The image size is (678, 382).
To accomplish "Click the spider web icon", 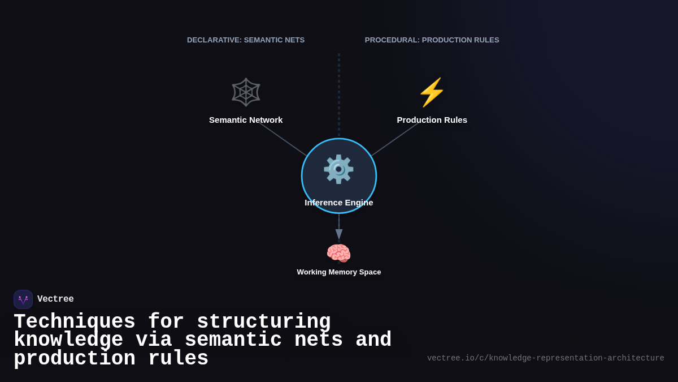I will coord(246,92).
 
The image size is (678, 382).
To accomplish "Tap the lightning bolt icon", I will coord(432,92).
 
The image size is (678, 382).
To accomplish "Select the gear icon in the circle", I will coord(338,169).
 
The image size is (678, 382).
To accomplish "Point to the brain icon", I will coord(338,253).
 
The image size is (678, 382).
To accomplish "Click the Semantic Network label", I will coord(246,120).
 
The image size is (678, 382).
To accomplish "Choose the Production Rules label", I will coord(432,120).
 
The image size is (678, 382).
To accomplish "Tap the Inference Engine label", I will coord(338,203).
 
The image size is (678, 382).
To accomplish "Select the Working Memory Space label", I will coord(338,272).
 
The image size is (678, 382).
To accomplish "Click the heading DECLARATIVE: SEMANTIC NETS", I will coord(246,40).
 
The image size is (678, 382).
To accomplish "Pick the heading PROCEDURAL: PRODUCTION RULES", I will coord(432,40).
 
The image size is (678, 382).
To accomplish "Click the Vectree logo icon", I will coord(23,299).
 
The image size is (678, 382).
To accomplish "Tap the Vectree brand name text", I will coord(55,299).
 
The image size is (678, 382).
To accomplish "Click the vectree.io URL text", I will coord(545,358).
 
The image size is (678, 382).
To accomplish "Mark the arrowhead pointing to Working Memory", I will coord(339,234).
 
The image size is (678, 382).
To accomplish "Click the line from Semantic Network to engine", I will coord(282,139).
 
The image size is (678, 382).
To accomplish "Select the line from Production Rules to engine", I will coord(395,139).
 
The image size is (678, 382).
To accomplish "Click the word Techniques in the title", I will coord(75,322).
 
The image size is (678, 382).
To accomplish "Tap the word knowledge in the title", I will coord(68,340).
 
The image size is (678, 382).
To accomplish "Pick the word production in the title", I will coord(75,359).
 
